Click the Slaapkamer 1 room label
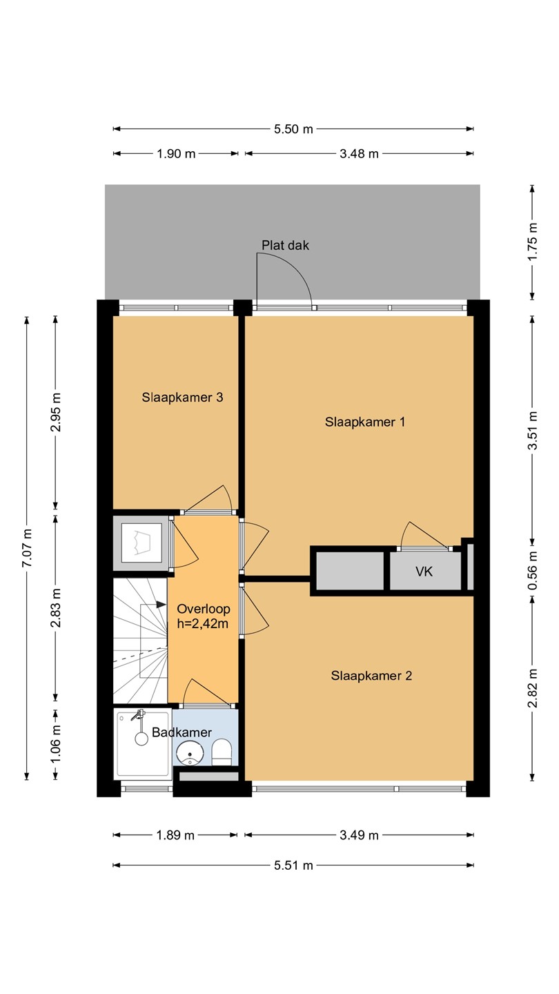[x=364, y=422]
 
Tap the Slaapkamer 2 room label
[x=371, y=675]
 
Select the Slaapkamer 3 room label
[x=182, y=397]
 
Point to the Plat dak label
[x=285, y=246]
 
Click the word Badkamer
[x=182, y=732]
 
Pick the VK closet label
[x=424, y=572]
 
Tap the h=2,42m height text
[x=203, y=624]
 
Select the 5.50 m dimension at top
[x=293, y=129]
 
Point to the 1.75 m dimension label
[x=532, y=242]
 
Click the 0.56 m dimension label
[x=532, y=571]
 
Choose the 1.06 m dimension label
[x=55, y=744]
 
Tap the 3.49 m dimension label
[x=359, y=835]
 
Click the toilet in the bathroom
[x=222, y=752]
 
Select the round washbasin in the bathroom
[x=190, y=753]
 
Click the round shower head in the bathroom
[x=141, y=739]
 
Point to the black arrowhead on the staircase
[x=160, y=605]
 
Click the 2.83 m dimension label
[x=55, y=608]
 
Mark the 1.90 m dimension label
[x=176, y=154]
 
